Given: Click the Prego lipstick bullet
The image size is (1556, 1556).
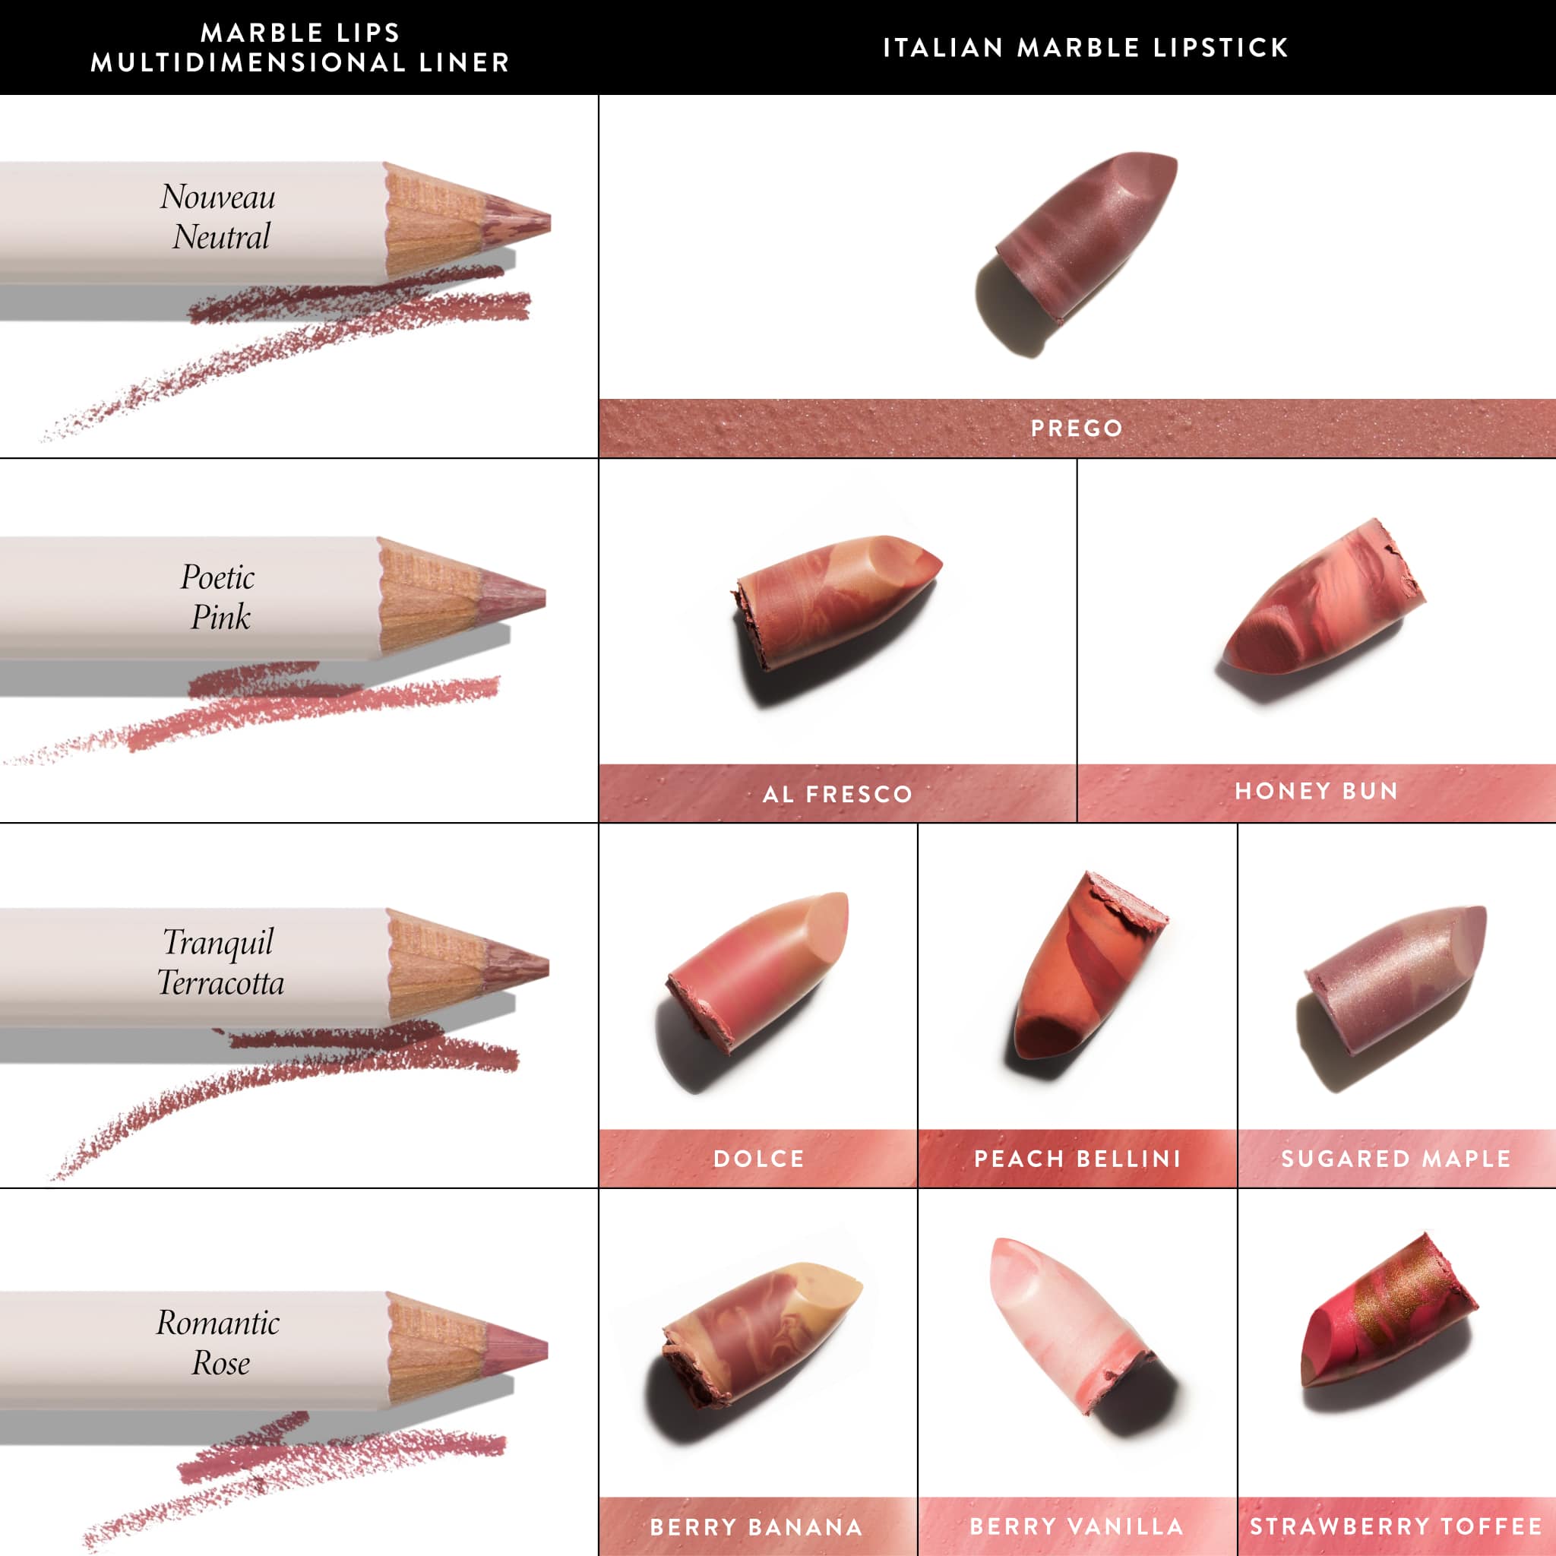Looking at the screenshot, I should (x=1087, y=233).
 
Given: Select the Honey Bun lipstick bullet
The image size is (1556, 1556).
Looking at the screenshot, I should (x=1320, y=599).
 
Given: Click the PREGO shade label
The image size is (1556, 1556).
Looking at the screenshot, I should (x=1077, y=428).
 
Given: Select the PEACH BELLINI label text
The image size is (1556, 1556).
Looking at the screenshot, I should (x=1077, y=1158).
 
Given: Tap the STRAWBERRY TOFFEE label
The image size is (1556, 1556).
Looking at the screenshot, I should (x=1396, y=1526).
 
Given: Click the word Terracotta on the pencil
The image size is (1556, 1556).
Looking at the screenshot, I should (x=220, y=983).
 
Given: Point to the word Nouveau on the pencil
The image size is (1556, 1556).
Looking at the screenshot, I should (x=217, y=198).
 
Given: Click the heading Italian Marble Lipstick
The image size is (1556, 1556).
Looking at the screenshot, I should (x=1086, y=48).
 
